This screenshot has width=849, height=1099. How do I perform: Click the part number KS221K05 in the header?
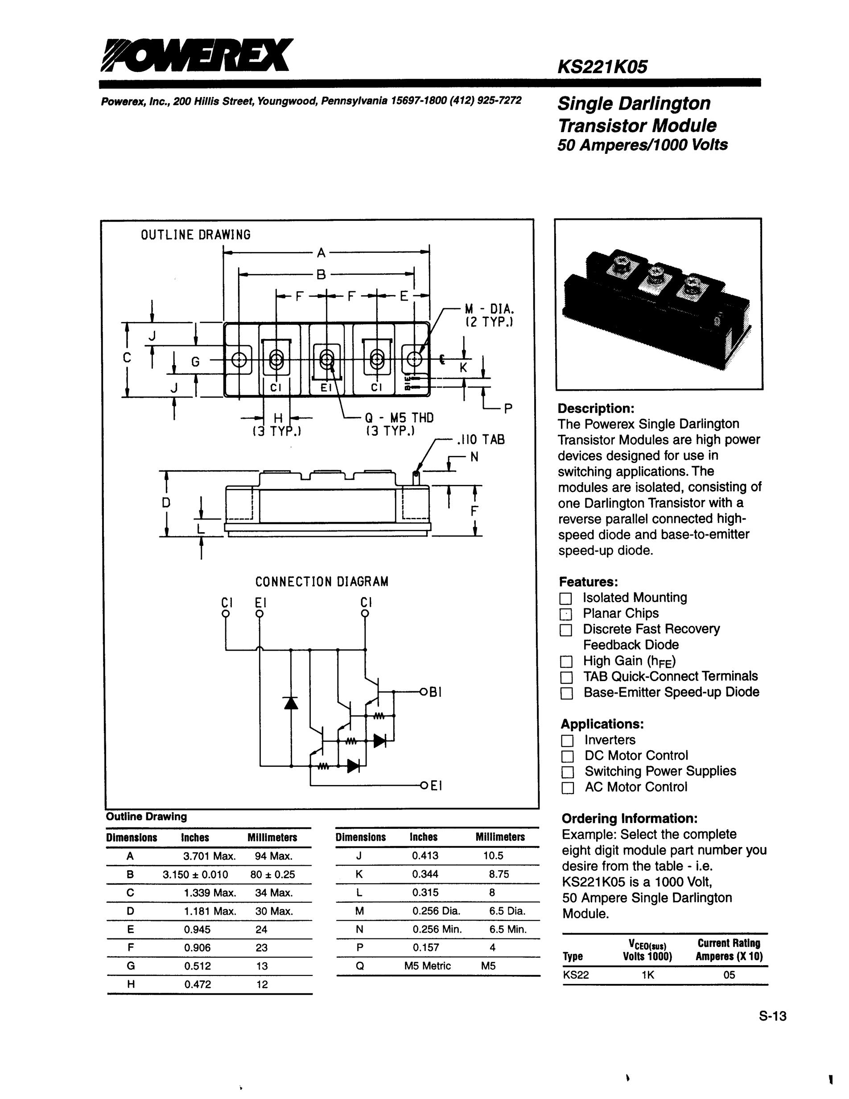[x=602, y=67]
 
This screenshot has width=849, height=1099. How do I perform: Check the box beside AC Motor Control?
[x=567, y=788]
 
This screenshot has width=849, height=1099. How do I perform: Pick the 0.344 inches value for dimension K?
[x=425, y=875]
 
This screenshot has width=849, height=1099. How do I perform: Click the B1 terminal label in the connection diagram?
[x=435, y=692]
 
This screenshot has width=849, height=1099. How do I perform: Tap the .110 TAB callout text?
[x=480, y=440]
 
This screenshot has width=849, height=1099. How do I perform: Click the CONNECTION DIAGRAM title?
[x=322, y=582]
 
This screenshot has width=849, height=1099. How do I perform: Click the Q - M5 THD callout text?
[x=398, y=417]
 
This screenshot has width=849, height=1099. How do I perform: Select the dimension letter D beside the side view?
[x=166, y=502]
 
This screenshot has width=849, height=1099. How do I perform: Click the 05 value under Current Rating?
[x=729, y=975]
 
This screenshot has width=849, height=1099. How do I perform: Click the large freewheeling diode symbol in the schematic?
[x=291, y=702]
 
